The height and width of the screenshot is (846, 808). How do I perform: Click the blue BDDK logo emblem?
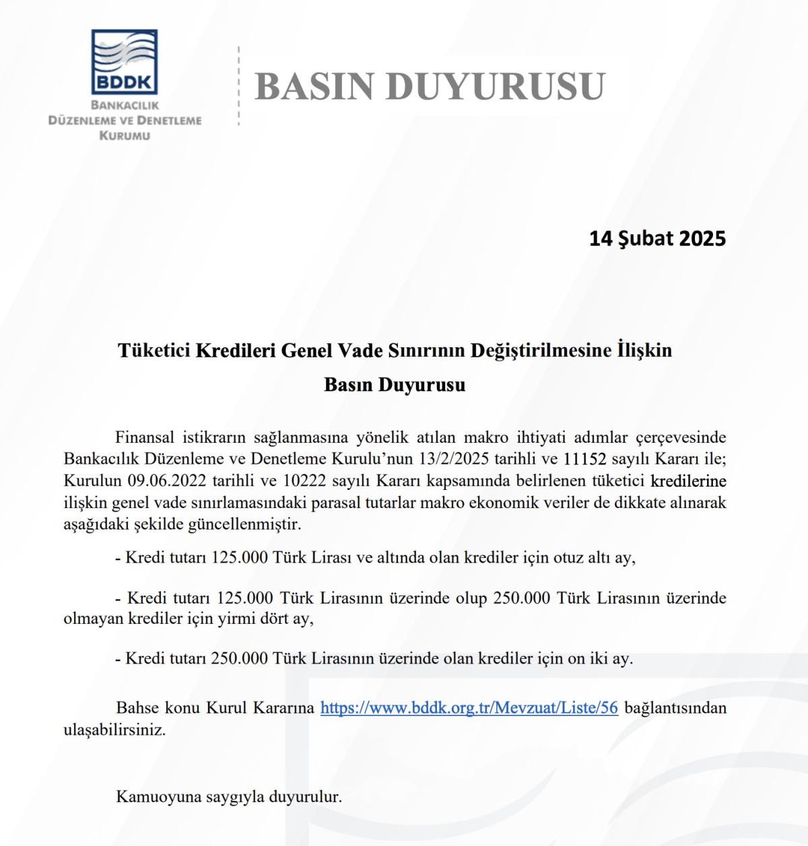coord(125,61)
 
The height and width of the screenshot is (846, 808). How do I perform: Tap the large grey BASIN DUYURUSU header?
coord(430,86)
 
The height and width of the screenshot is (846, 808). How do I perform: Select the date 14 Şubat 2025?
coord(657,238)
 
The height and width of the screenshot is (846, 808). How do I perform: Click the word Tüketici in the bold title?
coord(154,350)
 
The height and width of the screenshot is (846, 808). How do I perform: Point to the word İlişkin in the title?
coord(644,350)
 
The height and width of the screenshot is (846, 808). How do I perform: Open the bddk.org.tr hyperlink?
coord(469,707)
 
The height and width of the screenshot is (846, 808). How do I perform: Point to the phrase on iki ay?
coord(599,658)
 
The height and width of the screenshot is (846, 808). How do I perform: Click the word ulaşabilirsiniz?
coord(114,730)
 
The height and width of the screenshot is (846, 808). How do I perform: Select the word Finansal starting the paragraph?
coord(145,437)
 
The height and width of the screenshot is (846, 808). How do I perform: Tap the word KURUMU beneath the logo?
coord(125,135)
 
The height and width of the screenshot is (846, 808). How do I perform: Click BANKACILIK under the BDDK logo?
coord(125,106)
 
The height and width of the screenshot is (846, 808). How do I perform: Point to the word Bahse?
coord(137,707)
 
